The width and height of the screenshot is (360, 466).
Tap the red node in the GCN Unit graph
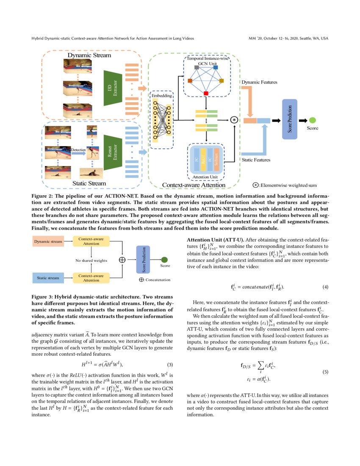206,93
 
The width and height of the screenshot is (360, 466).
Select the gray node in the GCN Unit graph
197,67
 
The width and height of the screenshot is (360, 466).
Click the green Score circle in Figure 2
312,120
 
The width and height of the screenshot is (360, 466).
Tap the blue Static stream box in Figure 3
47,278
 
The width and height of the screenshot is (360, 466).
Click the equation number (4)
325,287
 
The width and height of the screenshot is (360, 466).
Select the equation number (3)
170,364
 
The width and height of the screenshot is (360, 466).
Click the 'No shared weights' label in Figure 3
91,261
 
